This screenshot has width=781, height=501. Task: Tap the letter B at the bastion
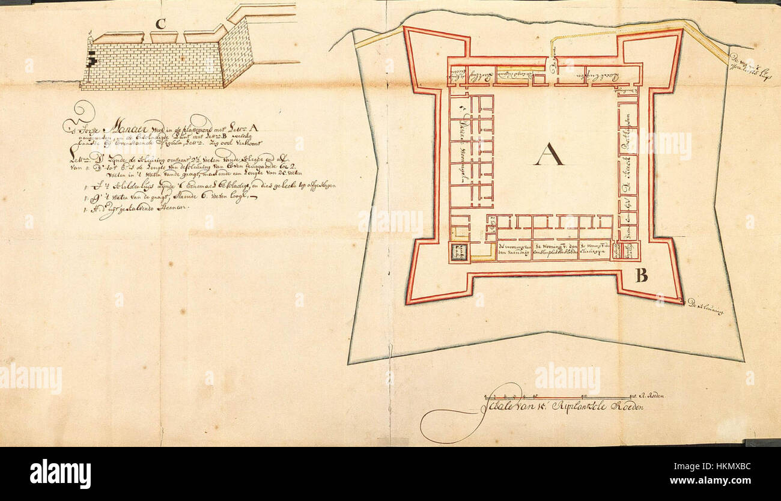click(x=641, y=276)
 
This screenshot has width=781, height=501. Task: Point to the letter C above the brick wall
click(x=160, y=24)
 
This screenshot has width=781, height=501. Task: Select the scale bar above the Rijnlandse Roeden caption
click(x=558, y=398)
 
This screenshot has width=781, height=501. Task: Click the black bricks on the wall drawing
click(x=92, y=58)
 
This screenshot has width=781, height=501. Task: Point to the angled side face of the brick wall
click(x=235, y=54)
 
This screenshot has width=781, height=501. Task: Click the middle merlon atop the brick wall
click(x=163, y=37)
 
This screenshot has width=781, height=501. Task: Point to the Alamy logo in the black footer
click(x=60, y=474)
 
